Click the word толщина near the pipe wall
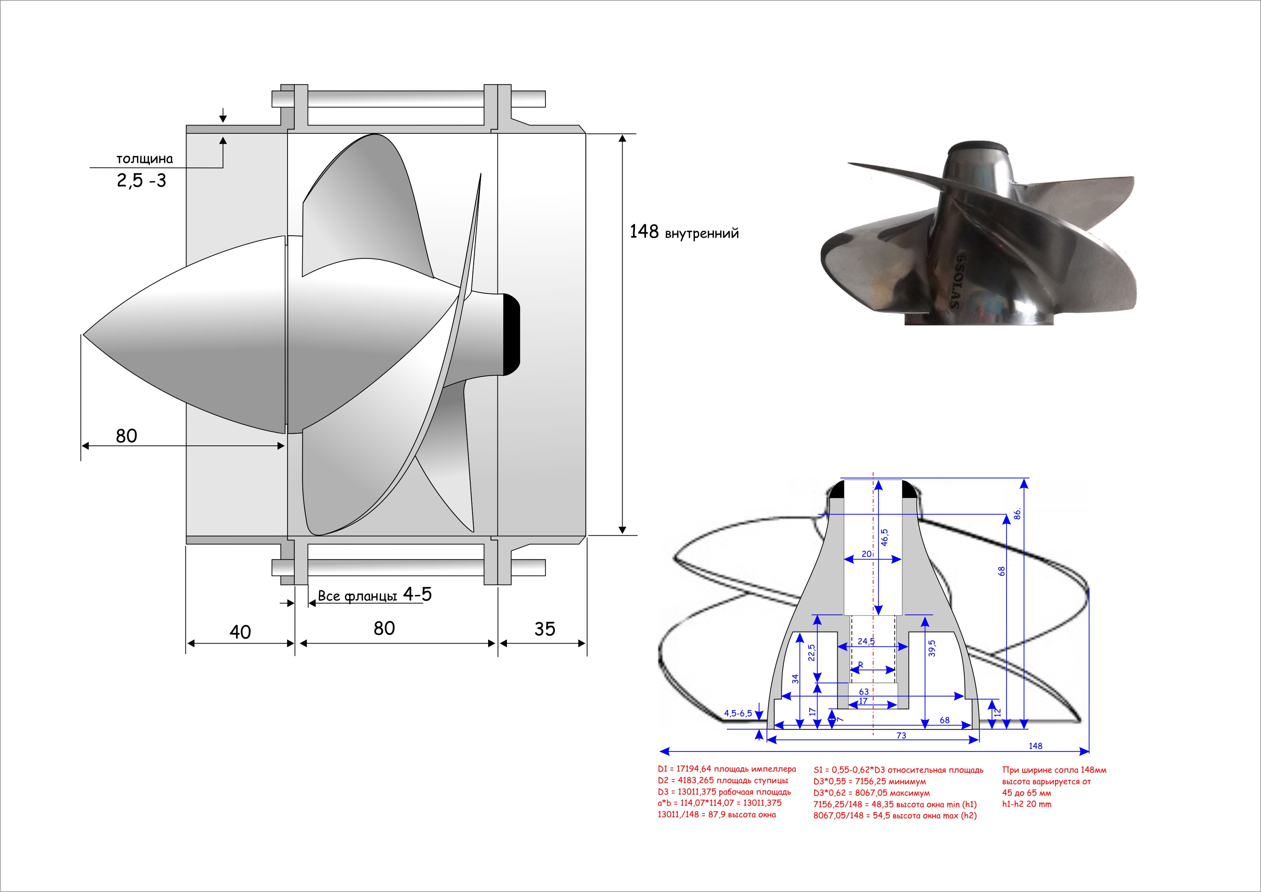pyautogui.click(x=145, y=159)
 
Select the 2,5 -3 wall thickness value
pyautogui.click(x=141, y=181)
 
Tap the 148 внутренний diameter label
pyautogui.click(x=684, y=232)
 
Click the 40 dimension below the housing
pyautogui.click(x=240, y=632)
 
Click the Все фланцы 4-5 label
pyautogui.click(x=375, y=595)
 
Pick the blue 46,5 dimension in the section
pyautogui.click(x=884, y=537)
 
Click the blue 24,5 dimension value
pyautogui.click(x=866, y=641)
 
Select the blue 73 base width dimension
pyautogui.click(x=901, y=736)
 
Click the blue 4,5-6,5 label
pyautogui.click(x=738, y=713)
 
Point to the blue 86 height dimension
pyautogui.click(x=1017, y=513)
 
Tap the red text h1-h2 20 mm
pyautogui.click(x=1027, y=804)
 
